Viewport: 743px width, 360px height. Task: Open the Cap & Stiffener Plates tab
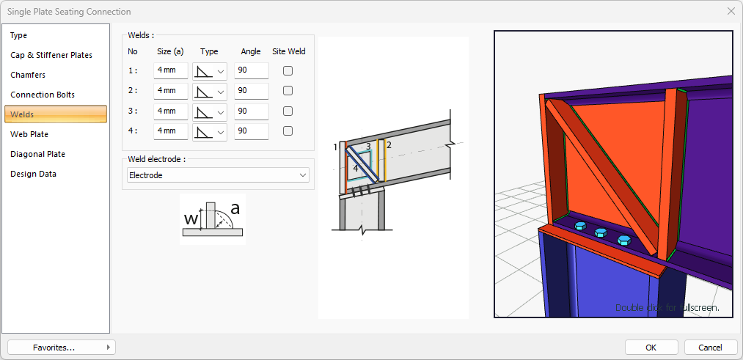(x=51, y=55)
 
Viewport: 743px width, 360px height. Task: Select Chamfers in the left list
(x=27, y=75)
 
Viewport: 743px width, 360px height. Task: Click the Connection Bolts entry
(x=43, y=95)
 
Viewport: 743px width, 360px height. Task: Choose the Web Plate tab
(x=29, y=134)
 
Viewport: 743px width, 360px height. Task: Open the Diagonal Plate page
(x=38, y=154)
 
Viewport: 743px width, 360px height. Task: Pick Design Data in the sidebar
(x=33, y=174)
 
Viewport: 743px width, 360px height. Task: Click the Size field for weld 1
(x=171, y=70)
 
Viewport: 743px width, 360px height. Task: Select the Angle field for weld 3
(x=251, y=111)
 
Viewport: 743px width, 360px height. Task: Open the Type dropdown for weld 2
(x=210, y=91)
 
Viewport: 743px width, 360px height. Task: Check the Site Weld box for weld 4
(x=288, y=131)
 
